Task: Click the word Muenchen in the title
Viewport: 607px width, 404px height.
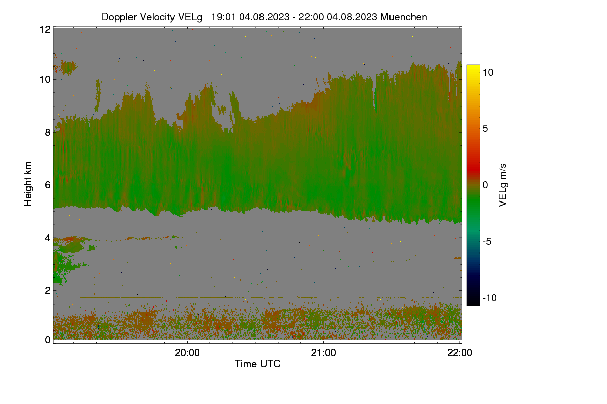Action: pos(404,17)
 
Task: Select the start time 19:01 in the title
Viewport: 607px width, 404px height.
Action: pos(223,17)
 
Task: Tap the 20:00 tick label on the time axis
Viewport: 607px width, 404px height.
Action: pos(187,352)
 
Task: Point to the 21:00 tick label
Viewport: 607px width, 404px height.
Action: pos(323,352)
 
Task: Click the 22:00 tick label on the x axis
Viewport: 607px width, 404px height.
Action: pos(460,352)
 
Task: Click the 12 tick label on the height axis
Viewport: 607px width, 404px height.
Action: pos(45,29)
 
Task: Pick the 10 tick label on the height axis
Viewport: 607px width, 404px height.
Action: pos(45,80)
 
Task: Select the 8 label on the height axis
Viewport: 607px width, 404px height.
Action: pos(48,132)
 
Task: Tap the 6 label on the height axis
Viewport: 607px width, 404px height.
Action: pos(48,185)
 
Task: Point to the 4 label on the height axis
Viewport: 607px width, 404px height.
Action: pos(48,238)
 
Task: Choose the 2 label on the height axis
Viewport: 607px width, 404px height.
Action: pos(48,290)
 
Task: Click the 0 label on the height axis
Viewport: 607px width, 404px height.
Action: pos(48,340)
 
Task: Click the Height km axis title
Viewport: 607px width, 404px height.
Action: pos(28,184)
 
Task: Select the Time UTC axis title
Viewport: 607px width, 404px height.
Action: pos(257,364)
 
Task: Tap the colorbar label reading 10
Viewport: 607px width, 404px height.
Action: pos(488,73)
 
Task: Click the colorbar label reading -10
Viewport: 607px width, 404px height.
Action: pos(490,298)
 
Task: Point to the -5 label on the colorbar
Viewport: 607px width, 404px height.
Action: pos(487,241)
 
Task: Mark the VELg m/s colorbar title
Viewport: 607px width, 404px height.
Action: pos(503,185)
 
